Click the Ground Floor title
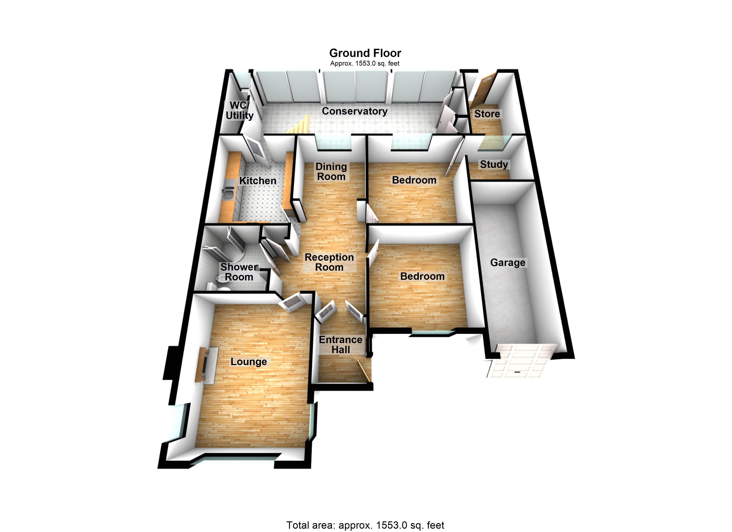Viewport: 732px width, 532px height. pyautogui.click(x=365, y=53)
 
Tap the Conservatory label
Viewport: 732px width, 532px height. pyautogui.click(x=354, y=111)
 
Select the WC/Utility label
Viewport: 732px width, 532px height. pyautogui.click(x=240, y=110)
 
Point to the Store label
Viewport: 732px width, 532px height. pyautogui.click(x=487, y=114)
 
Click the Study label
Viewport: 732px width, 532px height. pyautogui.click(x=494, y=164)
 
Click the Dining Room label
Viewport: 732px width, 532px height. pyautogui.click(x=331, y=172)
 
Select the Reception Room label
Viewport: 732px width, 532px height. pyautogui.click(x=329, y=262)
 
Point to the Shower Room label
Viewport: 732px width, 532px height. pyautogui.click(x=239, y=272)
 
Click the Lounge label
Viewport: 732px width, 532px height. pyautogui.click(x=248, y=362)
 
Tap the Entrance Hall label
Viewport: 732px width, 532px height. pyautogui.click(x=340, y=344)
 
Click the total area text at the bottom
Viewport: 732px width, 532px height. pyautogui.click(x=365, y=525)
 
